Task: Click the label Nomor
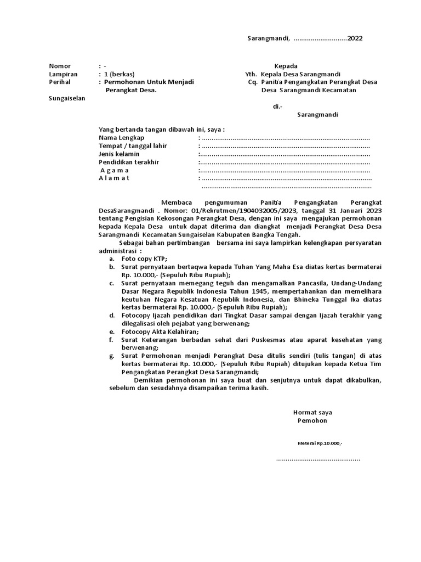click(x=60, y=66)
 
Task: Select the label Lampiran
click(x=64, y=74)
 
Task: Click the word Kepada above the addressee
click(x=286, y=66)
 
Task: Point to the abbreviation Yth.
click(x=251, y=74)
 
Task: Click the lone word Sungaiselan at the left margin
click(x=64, y=98)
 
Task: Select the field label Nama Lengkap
click(x=121, y=138)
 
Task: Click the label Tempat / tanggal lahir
click(x=133, y=146)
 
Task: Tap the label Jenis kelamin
click(x=119, y=154)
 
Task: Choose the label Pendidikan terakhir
click(x=129, y=162)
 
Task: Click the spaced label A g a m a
click(x=114, y=170)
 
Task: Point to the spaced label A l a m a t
click(x=114, y=178)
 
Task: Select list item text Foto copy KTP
click(x=144, y=258)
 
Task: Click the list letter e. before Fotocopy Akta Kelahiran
click(x=111, y=331)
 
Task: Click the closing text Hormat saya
click(x=312, y=412)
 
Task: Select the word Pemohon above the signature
click(x=311, y=420)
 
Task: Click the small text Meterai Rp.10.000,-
click(x=320, y=443)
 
